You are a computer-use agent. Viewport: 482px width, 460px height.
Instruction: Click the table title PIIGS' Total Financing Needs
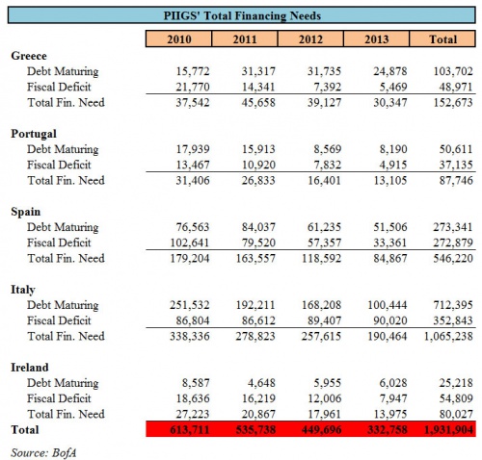(x=240, y=14)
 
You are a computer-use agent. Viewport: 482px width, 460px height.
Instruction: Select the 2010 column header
(x=177, y=38)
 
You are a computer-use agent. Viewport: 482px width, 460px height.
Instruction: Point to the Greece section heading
(x=30, y=57)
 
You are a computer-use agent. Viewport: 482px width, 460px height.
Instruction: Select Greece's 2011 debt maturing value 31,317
(x=249, y=72)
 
